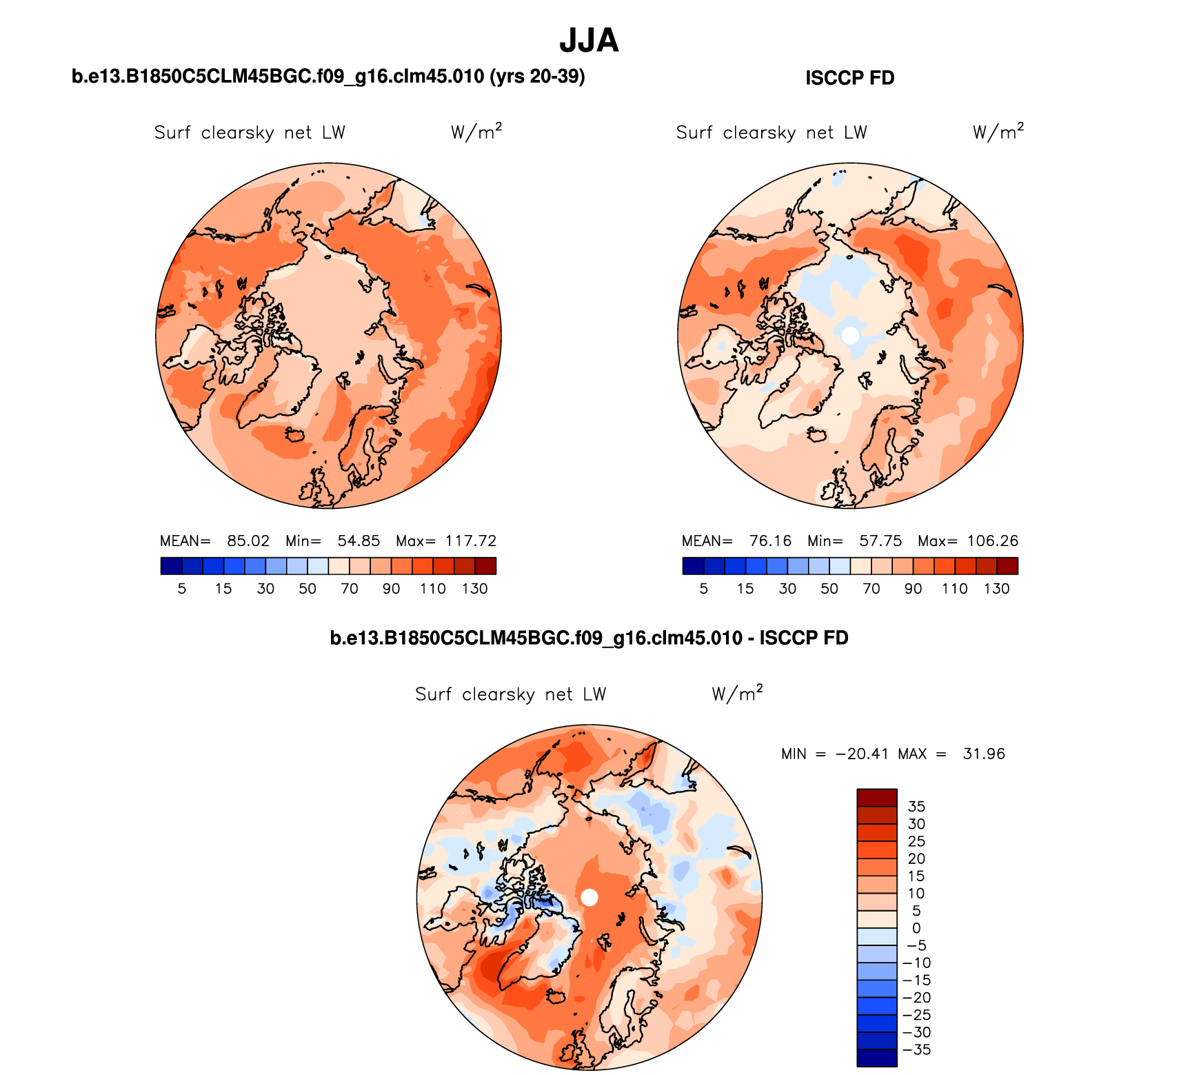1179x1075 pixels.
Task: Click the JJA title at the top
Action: click(x=589, y=41)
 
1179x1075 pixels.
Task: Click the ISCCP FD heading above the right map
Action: click(x=849, y=78)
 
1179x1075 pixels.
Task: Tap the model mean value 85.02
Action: click(x=248, y=541)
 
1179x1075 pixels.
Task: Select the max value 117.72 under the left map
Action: click(x=471, y=541)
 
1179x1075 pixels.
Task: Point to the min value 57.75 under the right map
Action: click(x=880, y=541)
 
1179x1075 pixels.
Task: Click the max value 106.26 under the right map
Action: click(x=993, y=541)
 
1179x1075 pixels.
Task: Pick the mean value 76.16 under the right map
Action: click(x=770, y=541)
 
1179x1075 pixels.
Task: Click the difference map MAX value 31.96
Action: click(x=984, y=754)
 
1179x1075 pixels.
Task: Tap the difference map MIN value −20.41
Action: click(x=862, y=754)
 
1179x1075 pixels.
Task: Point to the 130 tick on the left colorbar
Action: click(x=475, y=589)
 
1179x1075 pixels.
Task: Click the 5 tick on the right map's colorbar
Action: click(x=703, y=589)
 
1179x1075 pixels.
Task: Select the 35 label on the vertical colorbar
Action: click(x=916, y=807)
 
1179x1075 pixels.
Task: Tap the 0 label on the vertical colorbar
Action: click(x=916, y=928)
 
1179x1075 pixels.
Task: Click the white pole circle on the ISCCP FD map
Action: click(x=851, y=336)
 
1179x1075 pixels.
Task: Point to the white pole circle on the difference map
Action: click(x=589, y=897)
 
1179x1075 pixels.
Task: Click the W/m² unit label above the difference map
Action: click(x=737, y=693)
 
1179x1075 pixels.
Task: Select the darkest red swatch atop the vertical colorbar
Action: click(x=877, y=798)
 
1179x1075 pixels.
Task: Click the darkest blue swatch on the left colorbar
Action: click(x=171, y=566)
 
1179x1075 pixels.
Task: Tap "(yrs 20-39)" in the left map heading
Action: click(x=537, y=77)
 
